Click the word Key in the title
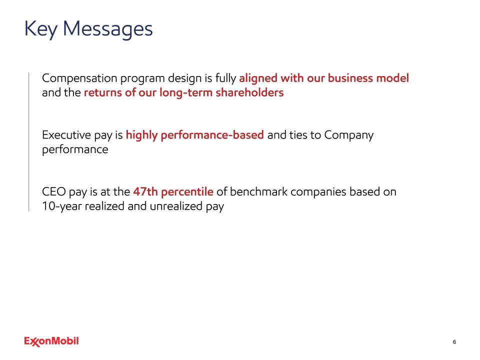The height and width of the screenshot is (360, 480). pyautogui.click(x=41, y=29)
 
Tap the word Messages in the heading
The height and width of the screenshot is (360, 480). pyautogui.click(x=108, y=29)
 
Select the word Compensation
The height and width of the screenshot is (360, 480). pyautogui.click(x=79, y=78)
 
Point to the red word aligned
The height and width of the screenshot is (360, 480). pyautogui.click(x=258, y=78)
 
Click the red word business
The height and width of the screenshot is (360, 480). pyautogui.click(x=350, y=78)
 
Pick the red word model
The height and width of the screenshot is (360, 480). pyautogui.click(x=393, y=78)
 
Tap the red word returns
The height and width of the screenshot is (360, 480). pyautogui.click(x=103, y=92)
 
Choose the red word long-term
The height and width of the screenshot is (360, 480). pyautogui.click(x=186, y=93)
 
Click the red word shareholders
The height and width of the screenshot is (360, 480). pyautogui.click(x=249, y=92)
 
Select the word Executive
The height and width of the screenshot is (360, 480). pyautogui.click(x=66, y=135)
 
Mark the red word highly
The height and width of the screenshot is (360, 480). pyautogui.click(x=141, y=135)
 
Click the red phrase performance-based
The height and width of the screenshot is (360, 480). pyautogui.click(x=212, y=135)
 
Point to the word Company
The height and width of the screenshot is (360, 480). pyautogui.click(x=349, y=135)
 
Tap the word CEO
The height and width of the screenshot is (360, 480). pyautogui.click(x=54, y=192)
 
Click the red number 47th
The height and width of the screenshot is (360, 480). pyautogui.click(x=145, y=191)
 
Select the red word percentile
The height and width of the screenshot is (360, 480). pyautogui.click(x=187, y=192)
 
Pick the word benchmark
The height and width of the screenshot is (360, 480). pyautogui.click(x=258, y=191)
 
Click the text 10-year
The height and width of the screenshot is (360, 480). pyautogui.click(x=62, y=206)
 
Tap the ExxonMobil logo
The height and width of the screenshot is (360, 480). pyautogui.click(x=51, y=341)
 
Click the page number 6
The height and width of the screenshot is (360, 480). pyautogui.click(x=454, y=342)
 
